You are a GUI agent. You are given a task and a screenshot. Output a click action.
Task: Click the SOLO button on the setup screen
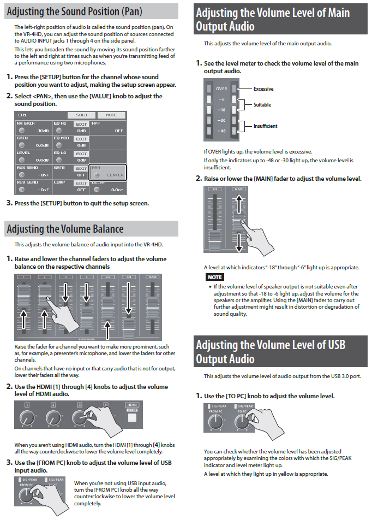82,115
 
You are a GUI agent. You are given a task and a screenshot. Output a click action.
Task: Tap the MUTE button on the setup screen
111,115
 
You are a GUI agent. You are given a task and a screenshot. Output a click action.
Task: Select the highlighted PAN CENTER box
108,172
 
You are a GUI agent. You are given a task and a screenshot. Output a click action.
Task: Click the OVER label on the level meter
221,89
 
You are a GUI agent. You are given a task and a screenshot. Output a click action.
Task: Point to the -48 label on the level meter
221,131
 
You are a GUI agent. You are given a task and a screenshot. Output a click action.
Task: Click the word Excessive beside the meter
263,89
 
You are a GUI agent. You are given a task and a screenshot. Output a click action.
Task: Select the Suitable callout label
262,104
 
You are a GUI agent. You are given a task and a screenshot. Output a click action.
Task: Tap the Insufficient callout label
265,126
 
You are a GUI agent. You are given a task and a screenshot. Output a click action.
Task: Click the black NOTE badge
214,278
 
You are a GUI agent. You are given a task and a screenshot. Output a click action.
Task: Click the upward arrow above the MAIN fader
239,203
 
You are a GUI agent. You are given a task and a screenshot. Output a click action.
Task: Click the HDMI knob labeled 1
26,418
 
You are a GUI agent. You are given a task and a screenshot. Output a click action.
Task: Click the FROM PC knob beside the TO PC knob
215,422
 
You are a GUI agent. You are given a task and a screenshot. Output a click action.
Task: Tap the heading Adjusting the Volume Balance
65,229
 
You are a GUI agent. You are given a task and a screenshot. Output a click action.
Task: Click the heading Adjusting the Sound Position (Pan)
74,11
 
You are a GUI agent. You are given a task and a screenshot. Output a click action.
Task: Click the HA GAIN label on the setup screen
26,123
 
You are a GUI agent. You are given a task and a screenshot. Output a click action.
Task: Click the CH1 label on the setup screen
22,115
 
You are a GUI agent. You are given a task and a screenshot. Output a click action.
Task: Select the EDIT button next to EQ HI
81,124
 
